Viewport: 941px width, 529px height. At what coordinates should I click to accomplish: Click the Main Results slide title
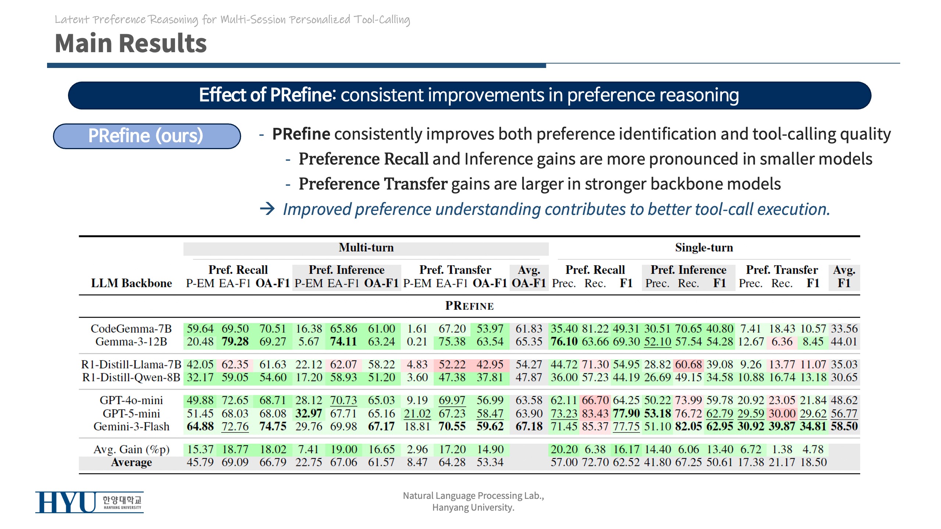click(x=130, y=43)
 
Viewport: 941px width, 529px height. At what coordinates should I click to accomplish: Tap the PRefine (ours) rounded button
click(x=146, y=136)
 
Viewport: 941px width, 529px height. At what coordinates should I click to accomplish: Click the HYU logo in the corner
click(x=89, y=502)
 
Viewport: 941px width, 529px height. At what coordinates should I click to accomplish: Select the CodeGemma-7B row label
click(x=131, y=328)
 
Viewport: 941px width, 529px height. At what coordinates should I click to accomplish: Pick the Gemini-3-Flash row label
click(x=131, y=427)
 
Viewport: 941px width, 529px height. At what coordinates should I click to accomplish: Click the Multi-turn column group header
click(x=366, y=248)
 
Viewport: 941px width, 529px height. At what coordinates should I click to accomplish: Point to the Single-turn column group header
click(x=704, y=248)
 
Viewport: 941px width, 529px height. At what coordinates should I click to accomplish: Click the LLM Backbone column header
click(x=131, y=283)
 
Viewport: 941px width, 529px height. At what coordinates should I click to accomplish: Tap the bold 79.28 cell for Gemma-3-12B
click(x=235, y=342)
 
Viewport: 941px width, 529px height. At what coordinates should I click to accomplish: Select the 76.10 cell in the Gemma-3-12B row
click(x=564, y=342)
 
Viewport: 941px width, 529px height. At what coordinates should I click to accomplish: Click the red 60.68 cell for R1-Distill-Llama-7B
click(x=688, y=364)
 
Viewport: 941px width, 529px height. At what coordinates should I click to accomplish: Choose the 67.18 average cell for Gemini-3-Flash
click(x=529, y=427)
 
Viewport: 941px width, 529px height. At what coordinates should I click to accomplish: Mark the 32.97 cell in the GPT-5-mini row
click(x=308, y=414)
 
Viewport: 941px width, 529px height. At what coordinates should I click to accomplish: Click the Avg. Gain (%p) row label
click(x=131, y=449)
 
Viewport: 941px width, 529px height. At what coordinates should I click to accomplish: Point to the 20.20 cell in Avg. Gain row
click(x=564, y=449)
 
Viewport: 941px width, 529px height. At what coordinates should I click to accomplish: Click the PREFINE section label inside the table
click(x=469, y=306)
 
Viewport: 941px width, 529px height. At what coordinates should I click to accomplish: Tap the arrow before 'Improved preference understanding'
click(x=267, y=209)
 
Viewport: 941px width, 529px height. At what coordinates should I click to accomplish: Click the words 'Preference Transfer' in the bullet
click(x=373, y=184)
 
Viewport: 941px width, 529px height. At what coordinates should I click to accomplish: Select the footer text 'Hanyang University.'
click(x=473, y=508)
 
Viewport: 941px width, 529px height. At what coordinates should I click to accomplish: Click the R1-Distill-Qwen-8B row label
click(x=131, y=377)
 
